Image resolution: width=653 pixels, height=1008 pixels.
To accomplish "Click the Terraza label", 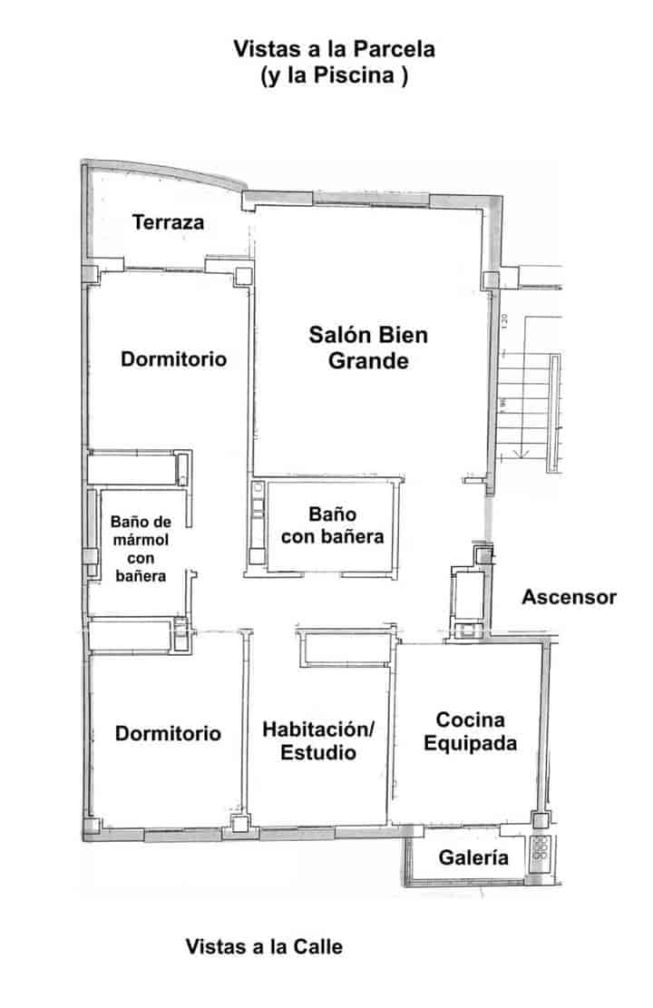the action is (168, 222).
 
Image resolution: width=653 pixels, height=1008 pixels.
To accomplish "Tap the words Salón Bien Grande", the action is (368, 347).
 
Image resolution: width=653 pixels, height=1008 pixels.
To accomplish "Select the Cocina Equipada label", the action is (470, 731).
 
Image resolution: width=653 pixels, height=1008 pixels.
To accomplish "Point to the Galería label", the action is (473, 856).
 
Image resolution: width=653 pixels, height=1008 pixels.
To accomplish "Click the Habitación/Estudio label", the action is (318, 740).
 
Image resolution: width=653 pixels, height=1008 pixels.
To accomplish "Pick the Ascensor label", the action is (569, 597).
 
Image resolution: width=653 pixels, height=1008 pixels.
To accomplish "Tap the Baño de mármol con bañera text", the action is (141, 548).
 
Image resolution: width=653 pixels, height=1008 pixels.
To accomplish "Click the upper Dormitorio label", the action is (173, 358).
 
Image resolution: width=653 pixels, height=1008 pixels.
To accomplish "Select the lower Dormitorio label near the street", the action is (168, 733).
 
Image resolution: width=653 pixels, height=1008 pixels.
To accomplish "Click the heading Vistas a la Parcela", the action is (335, 49).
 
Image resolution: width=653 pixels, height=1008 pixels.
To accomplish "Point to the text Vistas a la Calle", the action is (264, 946).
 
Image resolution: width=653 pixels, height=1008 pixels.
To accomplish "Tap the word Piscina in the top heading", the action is (354, 75).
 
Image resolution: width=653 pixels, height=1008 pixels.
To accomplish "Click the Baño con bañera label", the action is (332, 525).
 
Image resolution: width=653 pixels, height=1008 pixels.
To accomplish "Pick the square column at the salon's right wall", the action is (491, 279).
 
